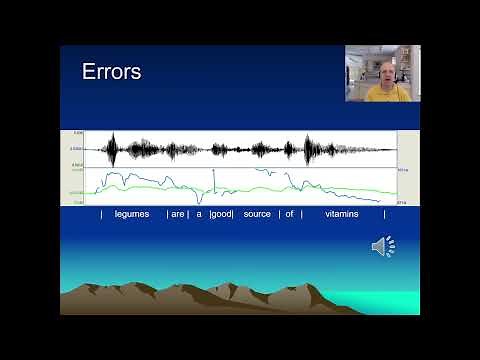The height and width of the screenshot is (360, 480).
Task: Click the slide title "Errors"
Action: [111, 72]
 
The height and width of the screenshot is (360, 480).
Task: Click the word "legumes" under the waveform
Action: [132, 214]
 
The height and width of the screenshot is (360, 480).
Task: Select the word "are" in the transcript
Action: [177, 214]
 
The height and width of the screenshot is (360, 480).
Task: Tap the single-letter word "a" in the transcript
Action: [199, 214]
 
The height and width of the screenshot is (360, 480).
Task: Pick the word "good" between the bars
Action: [221, 214]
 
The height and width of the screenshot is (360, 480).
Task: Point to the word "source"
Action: [257, 214]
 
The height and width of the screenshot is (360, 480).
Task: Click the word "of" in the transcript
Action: [289, 214]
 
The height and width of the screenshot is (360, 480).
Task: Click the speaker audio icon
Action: [383, 246]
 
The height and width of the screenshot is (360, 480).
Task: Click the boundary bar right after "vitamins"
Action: [384, 214]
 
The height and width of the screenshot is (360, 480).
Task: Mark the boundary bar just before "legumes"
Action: [101, 214]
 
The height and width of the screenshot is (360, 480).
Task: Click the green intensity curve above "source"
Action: [257, 187]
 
